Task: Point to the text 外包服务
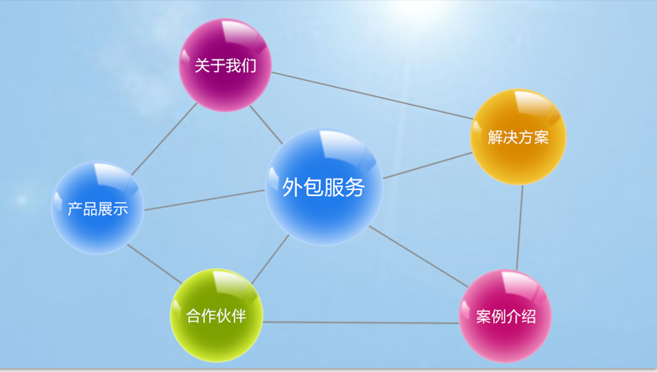[324, 187]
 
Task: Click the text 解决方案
[518, 138]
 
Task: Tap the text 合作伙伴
[216, 316]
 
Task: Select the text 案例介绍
[505, 316]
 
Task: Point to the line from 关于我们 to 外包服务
[265, 124]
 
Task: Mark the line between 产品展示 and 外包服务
[204, 201]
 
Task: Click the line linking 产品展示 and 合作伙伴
[153, 264]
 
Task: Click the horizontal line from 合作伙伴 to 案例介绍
[361, 323]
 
